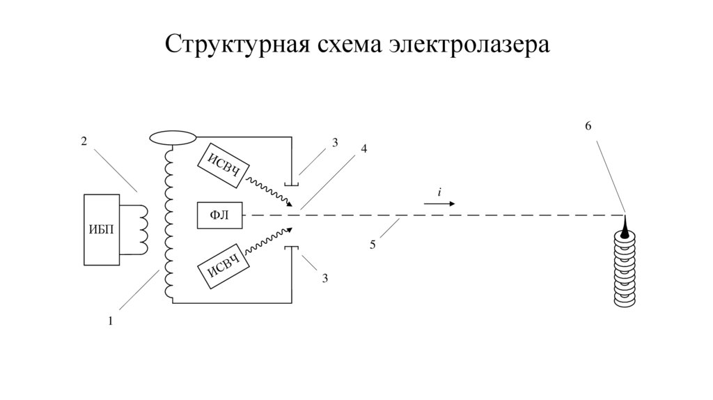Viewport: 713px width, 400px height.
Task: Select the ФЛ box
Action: (x=219, y=215)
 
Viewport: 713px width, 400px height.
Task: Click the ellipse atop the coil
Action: (x=173, y=137)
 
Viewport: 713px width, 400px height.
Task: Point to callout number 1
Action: (x=109, y=321)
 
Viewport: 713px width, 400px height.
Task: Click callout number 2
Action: (x=84, y=141)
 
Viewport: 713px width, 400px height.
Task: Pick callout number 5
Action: (x=373, y=245)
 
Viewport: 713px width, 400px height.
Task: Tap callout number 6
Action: (x=588, y=126)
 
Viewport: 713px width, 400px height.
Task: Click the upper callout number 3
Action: (x=335, y=142)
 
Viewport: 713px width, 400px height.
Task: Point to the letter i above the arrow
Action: (x=439, y=192)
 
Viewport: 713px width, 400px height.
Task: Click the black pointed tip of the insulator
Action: (x=624, y=225)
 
